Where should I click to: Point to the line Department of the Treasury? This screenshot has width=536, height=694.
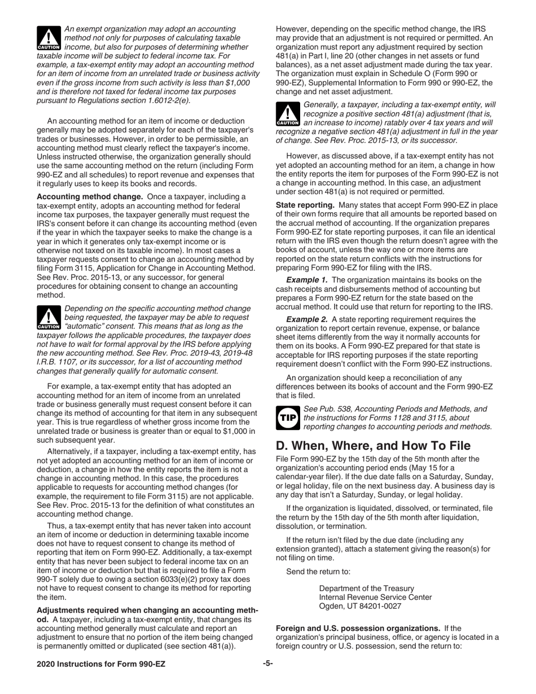click(x=366, y=588)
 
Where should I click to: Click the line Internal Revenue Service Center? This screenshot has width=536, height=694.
click(x=375, y=597)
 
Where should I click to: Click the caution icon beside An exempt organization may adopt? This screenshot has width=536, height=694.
click(x=47, y=38)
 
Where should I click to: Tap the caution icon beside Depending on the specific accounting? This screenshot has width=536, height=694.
click(x=47, y=318)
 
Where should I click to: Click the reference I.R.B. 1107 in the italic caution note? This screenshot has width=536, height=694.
click(x=58, y=362)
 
